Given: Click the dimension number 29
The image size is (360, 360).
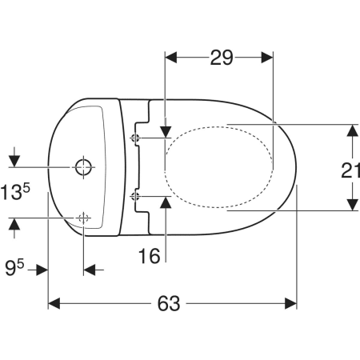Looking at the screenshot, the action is click(222, 58).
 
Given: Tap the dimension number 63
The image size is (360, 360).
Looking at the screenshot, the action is click(169, 304).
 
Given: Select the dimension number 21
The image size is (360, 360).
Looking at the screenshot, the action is click(350, 170).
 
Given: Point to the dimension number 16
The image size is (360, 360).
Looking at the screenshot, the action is click(150, 256).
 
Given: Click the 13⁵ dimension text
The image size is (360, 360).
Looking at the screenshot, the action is click(15, 192).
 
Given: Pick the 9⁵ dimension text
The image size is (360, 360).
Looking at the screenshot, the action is click(14, 268).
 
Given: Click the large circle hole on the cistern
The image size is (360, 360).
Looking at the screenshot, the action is click(83, 167).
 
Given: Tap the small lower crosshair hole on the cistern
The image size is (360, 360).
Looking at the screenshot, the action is click(83, 218).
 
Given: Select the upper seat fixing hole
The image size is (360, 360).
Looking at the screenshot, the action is click(134, 138).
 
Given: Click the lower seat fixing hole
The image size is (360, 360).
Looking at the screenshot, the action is click(134, 197).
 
